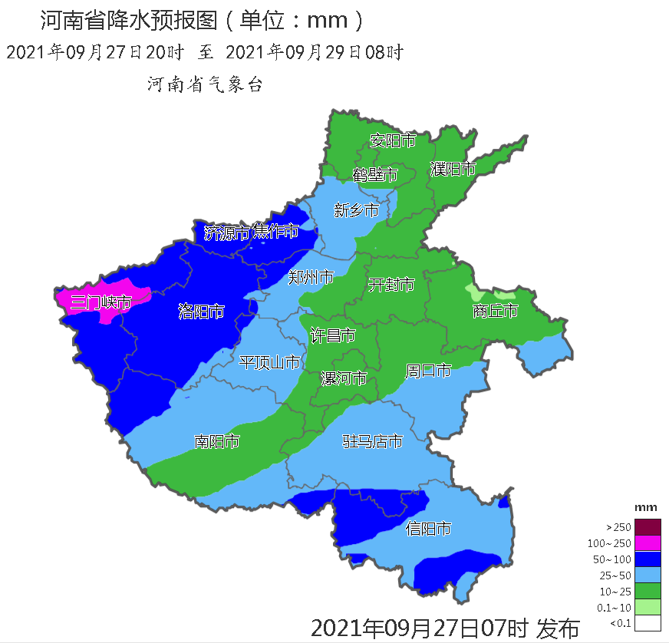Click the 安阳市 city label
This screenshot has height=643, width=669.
(392, 141)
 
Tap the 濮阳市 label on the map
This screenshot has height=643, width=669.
(453, 169)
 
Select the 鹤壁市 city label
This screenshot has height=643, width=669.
(375, 175)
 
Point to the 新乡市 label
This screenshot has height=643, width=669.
(356, 210)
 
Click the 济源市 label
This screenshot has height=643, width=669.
(226, 232)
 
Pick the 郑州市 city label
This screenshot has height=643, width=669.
(311, 277)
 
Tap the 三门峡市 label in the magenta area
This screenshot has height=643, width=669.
(101, 302)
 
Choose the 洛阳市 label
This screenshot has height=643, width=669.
(201, 311)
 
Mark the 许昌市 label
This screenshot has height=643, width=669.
(332, 335)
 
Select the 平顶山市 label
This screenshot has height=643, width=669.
(269, 362)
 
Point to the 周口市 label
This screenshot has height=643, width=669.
(428, 371)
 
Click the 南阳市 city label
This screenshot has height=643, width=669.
(216, 441)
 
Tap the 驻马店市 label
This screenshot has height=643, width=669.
(372, 441)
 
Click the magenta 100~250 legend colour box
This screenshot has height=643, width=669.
(648, 543)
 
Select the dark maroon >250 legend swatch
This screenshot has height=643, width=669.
(648, 527)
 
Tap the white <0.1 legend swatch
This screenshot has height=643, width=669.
(648, 624)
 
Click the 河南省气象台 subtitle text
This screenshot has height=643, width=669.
(205, 85)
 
